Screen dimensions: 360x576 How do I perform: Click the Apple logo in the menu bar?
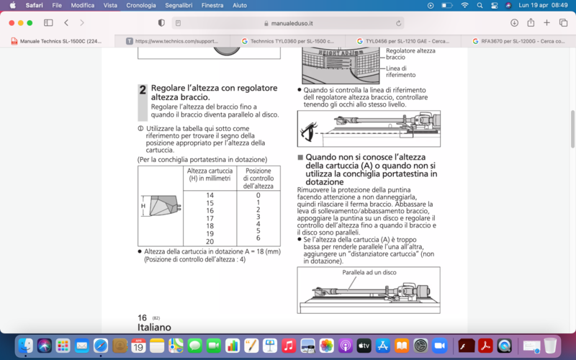click(x=12, y=5)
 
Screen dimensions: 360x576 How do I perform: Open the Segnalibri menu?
click(x=174, y=5)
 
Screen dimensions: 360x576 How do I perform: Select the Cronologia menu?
click(x=141, y=5)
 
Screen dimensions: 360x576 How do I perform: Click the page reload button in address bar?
click(x=398, y=23)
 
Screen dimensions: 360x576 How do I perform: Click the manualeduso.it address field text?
click(x=287, y=23)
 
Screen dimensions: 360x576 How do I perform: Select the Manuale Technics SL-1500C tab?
click(x=60, y=41)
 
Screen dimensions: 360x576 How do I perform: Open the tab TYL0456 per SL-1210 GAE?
click(x=404, y=41)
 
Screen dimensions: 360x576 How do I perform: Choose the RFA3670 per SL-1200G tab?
click(x=518, y=41)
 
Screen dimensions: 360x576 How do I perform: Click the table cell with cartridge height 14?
click(x=210, y=196)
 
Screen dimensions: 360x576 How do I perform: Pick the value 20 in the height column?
click(x=210, y=241)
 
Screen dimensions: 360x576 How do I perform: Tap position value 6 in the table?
click(x=258, y=238)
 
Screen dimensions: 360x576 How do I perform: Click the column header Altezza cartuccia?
click(x=210, y=175)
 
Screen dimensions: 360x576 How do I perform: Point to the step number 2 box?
click(x=143, y=91)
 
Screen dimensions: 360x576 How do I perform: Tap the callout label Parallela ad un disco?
click(x=369, y=273)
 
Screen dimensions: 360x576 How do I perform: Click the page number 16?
click(x=143, y=317)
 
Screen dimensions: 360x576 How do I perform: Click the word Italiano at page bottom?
click(x=154, y=327)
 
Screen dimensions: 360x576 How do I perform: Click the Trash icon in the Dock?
click(x=550, y=346)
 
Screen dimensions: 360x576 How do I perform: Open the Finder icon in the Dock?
click(x=25, y=346)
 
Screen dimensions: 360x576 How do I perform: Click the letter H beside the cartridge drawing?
click(x=143, y=206)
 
